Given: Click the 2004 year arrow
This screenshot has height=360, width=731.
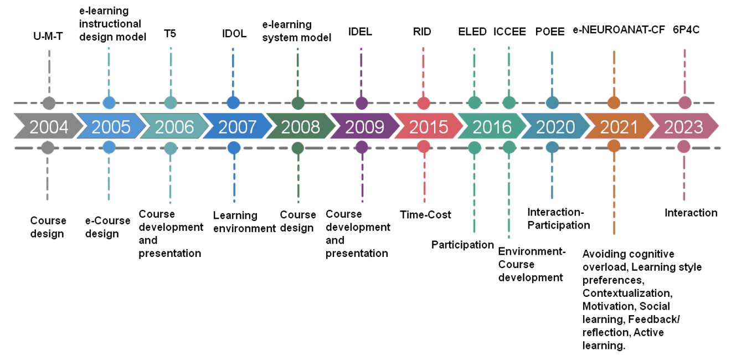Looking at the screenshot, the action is pyautogui.click(x=49, y=126).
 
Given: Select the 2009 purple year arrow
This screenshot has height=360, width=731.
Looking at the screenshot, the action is pyautogui.click(x=365, y=126).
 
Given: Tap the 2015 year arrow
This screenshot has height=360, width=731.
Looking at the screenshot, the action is pyautogui.click(x=429, y=126).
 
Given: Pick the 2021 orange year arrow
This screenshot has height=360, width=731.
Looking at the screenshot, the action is pyautogui.click(x=619, y=126).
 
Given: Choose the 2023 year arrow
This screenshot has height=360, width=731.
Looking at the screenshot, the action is pyautogui.click(x=684, y=126).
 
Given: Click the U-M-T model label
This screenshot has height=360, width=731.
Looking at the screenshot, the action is pyautogui.click(x=48, y=36).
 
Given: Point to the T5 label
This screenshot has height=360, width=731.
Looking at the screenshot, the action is pyautogui.click(x=169, y=33).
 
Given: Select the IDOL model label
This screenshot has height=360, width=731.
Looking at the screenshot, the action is pyautogui.click(x=234, y=33).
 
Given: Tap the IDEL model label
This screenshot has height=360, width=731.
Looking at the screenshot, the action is pyautogui.click(x=360, y=32).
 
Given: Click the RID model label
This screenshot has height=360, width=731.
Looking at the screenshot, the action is pyautogui.click(x=422, y=32).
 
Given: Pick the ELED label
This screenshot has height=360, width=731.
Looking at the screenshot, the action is pyautogui.click(x=472, y=32).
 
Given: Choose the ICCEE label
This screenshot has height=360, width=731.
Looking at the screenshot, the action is pyautogui.click(x=509, y=32).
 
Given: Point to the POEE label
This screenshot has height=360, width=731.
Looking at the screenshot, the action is pyautogui.click(x=550, y=32).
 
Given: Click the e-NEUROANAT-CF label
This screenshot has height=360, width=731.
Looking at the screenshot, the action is pyautogui.click(x=619, y=30).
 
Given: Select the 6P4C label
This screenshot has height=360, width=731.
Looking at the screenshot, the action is pyautogui.click(x=686, y=30).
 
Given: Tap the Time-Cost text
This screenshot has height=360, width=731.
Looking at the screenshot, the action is pyautogui.click(x=425, y=214).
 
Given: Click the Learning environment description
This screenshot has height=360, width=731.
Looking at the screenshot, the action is pyautogui.click(x=244, y=222).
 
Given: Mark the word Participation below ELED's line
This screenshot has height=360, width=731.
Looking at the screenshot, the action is pyautogui.click(x=462, y=244).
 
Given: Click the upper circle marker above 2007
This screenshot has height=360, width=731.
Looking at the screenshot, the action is pyautogui.click(x=233, y=103).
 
